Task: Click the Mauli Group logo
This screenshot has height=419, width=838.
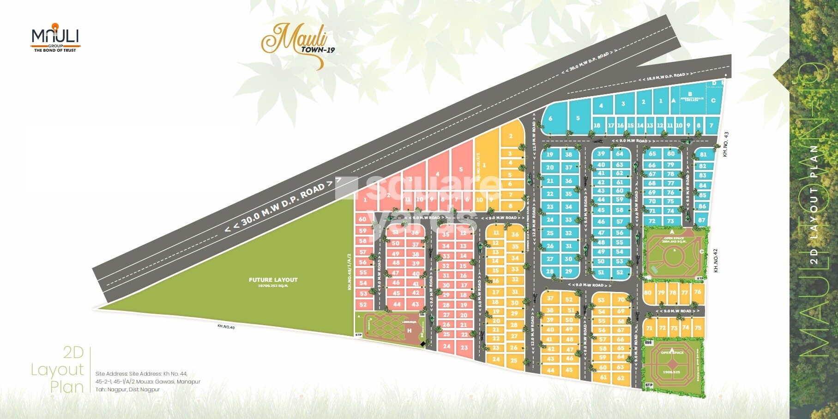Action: [x=55, y=37]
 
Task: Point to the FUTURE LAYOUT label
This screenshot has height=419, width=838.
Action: [x=273, y=280]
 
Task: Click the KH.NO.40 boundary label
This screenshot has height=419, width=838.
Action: [x=226, y=327]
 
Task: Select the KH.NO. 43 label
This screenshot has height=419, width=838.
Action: [x=725, y=144]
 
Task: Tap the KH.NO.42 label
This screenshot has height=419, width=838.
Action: [x=716, y=261]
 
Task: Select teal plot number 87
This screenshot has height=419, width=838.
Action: [x=702, y=220]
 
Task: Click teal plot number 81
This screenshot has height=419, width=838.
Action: [x=703, y=155]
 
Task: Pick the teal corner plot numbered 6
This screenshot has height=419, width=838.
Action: [x=550, y=119]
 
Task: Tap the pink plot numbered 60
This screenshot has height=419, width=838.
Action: [x=362, y=219]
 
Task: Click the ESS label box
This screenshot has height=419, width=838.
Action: [x=649, y=343]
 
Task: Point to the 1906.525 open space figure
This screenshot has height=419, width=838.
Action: [x=671, y=372]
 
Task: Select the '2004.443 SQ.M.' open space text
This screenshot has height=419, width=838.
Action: [x=674, y=241]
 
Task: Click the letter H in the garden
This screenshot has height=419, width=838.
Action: [x=409, y=331]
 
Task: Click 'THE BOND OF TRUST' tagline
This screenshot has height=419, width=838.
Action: [x=55, y=50]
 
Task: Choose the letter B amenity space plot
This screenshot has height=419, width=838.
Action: [x=690, y=95]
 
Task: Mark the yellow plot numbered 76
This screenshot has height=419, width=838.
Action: [x=698, y=291]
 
